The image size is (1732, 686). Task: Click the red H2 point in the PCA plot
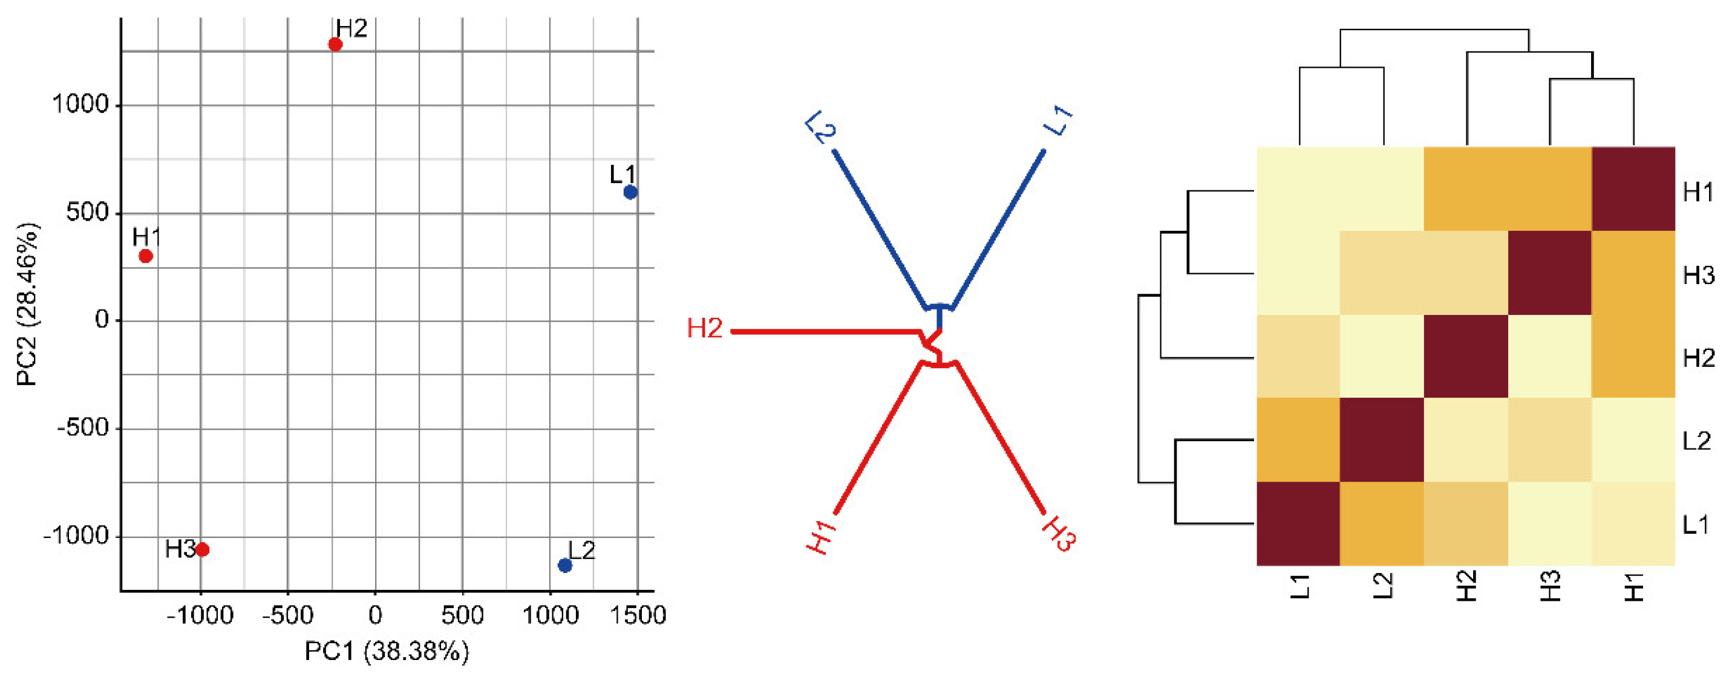[335, 45]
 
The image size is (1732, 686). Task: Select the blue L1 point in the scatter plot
[630, 192]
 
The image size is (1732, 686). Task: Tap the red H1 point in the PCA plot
[146, 256]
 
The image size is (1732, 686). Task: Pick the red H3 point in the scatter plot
[203, 549]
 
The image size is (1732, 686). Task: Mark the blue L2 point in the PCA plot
[565, 566]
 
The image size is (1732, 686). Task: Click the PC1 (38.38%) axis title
[387, 651]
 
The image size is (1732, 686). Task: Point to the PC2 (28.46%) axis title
[27, 305]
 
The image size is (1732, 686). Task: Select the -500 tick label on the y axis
[83, 427]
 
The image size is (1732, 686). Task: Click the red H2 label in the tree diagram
[704, 328]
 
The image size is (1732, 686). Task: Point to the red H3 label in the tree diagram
[1058, 534]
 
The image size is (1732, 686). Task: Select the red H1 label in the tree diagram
[822, 537]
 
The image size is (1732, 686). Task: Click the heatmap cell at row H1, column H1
[1633, 189]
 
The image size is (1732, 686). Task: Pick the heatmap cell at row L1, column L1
[1298, 523]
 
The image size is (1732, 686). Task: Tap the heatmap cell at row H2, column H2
[1466, 356]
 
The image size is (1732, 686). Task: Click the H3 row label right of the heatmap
[1698, 275]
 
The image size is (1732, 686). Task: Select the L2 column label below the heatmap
[1382, 586]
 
